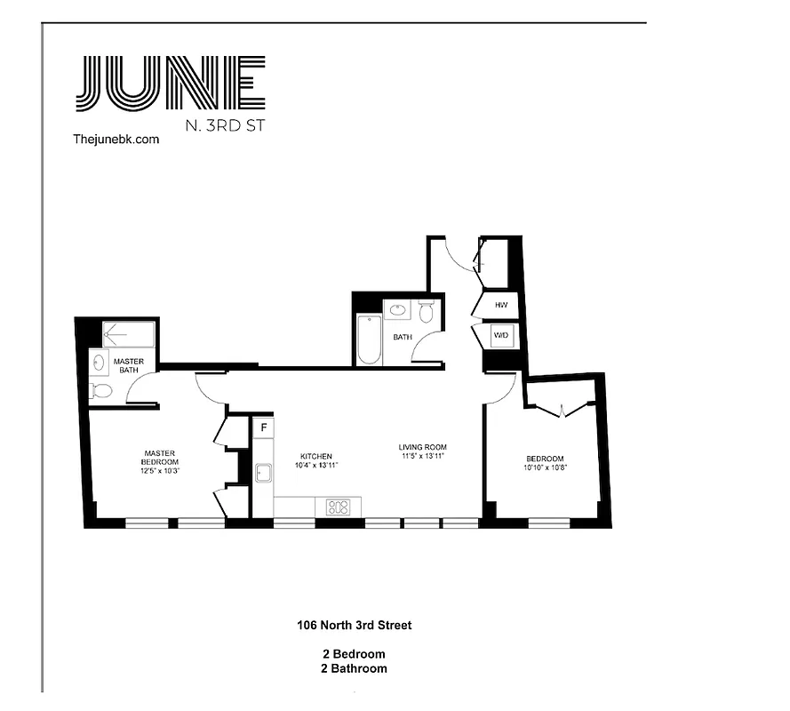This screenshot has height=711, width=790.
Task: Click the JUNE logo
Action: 171,84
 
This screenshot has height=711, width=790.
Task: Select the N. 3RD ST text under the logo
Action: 224,125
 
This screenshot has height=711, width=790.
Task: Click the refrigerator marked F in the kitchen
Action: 263,428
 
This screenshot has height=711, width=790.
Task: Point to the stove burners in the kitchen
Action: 339,507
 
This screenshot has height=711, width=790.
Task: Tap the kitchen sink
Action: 263,473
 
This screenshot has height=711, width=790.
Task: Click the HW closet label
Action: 500,305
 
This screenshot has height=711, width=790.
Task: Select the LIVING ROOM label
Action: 422,447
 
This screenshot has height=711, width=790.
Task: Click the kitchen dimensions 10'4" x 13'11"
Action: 316,465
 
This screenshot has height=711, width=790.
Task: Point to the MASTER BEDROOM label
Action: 160,457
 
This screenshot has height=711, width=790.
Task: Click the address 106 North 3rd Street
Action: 354,625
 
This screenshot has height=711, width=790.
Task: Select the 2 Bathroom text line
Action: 354,668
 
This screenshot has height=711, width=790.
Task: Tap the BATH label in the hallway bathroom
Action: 403,337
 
